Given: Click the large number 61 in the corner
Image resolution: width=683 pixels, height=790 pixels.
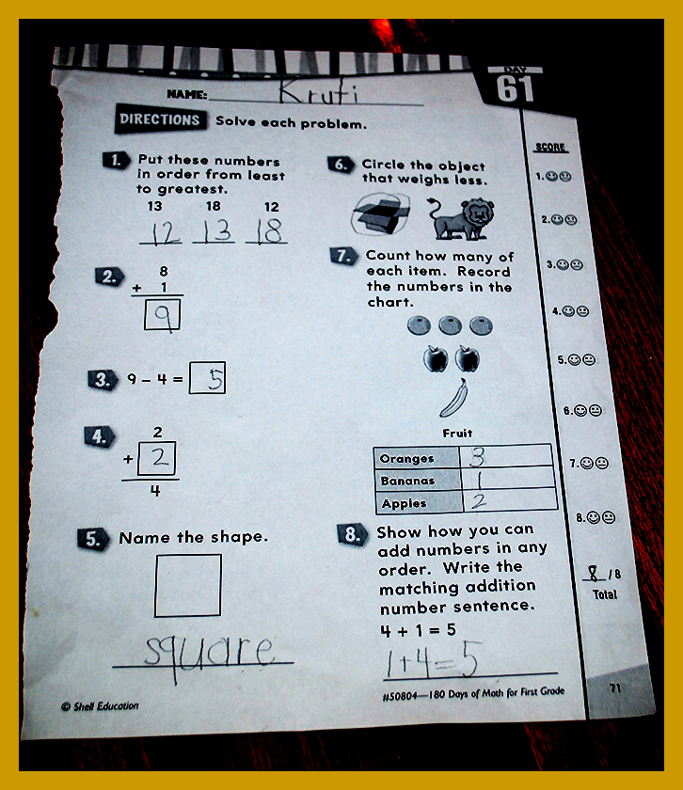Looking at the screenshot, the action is [x=515, y=89].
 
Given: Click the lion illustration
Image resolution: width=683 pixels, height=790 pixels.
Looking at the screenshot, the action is [x=462, y=217].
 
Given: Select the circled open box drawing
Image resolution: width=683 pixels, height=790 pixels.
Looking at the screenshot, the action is [x=380, y=214].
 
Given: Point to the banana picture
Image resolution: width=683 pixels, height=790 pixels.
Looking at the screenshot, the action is [x=454, y=398].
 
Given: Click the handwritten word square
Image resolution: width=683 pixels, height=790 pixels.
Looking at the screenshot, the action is [x=209, y=655].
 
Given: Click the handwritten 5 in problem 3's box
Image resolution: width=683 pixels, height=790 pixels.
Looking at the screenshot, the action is [x=215, y=379].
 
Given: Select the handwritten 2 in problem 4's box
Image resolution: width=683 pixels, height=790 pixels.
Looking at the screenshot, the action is [x=159, y=457].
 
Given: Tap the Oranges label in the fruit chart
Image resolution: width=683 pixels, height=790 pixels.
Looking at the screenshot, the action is [x=406, y=459].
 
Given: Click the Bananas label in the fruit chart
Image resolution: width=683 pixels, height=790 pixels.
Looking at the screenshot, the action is [x=407, y=481].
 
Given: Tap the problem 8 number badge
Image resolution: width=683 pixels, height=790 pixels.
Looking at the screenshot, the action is [x=351, y=534].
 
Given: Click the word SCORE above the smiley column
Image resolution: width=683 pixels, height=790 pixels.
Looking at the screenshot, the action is [x=550, y=147].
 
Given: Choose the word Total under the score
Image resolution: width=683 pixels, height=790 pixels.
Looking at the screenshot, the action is [x=604, y=594].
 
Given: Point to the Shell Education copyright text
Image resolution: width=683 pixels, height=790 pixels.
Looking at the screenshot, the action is [x=100, y=706].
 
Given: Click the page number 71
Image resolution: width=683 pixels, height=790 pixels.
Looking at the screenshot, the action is [x=615, y=687].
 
